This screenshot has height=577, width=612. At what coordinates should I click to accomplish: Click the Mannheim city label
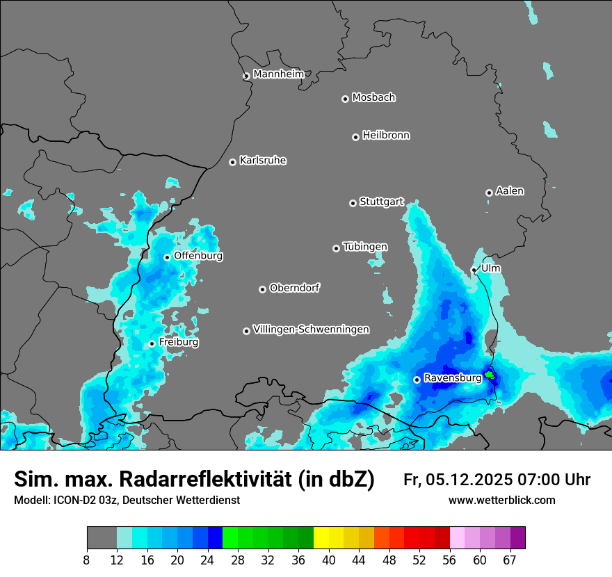(278, 74)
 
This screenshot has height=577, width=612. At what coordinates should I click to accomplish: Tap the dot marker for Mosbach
(345, 99)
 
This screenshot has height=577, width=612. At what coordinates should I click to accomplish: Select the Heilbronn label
(386, 135)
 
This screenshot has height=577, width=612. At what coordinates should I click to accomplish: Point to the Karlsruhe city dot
(233, 162)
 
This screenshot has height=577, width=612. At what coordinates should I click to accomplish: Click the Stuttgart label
(381, 202)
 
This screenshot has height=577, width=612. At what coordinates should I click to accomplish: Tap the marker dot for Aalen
(489, 193)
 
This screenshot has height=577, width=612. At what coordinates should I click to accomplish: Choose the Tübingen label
(365, 247)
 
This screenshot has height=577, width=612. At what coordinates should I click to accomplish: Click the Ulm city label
(490, 268)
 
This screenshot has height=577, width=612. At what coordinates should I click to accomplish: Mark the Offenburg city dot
(167, 257)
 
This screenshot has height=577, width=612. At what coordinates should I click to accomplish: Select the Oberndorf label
(295, 288)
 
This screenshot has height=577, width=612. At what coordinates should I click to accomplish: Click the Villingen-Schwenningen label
(311, 329)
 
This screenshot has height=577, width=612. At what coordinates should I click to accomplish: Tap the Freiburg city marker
(152, 343)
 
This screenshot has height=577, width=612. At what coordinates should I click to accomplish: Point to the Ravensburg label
(452, 377)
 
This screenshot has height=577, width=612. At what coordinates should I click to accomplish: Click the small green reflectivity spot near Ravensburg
(490, 375)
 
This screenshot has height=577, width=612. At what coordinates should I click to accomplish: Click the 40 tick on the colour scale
(329, 560)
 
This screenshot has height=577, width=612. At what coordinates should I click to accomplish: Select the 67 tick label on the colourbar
(510, 560)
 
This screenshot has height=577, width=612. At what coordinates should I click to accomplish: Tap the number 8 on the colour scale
(87, 560)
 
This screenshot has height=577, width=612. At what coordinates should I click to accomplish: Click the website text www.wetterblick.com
(501, 500)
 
